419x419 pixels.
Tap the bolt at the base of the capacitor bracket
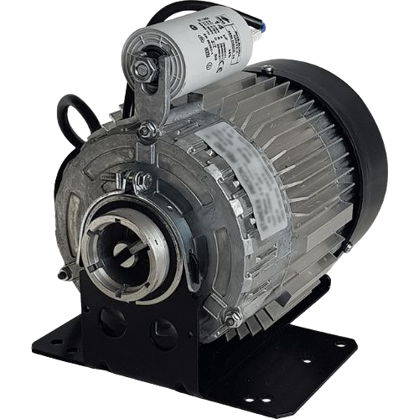click(x=148, y=129)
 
